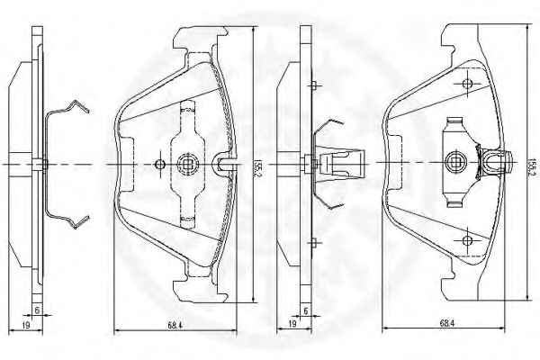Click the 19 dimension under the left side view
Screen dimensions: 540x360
pos(26,325)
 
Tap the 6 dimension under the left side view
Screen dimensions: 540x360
pos(37,310)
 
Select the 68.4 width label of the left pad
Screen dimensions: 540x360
pos(175,325)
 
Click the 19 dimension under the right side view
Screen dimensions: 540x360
pos(292,323)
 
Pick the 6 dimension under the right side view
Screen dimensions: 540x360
pos(305,310)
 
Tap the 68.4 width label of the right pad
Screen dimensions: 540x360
pos(447,323)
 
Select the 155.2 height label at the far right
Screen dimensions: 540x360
pos(533,167)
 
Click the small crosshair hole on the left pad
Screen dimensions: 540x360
pos(160,165)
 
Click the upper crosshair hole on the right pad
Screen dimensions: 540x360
pos(467,84)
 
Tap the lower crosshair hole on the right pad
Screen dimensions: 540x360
pos(467,240)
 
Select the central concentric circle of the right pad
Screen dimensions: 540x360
pos(455,162)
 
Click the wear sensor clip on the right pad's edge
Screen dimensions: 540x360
pos(496,162)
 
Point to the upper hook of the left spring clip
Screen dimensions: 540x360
pos(76,107)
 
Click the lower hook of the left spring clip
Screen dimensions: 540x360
pos(76,222)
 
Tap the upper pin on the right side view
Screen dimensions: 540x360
pos(314,85)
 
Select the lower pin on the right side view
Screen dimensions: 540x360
pos(314,243)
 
